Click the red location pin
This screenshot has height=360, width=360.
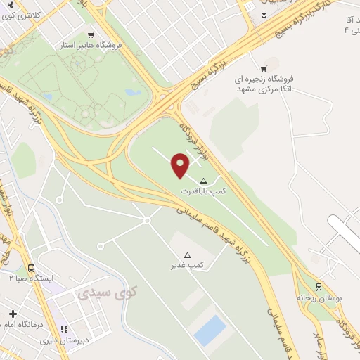point(181,165)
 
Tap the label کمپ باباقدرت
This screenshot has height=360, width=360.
point(204,191)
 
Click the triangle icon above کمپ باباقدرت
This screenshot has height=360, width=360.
point(204,180)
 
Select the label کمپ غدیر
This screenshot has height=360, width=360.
point(187,265)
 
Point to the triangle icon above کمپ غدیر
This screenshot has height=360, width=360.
point(187,255)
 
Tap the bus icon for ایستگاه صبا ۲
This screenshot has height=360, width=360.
point(31,268)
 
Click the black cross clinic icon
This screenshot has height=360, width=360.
point(13,313)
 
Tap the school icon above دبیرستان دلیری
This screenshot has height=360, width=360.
point(64,328)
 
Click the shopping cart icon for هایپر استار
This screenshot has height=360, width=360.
point(90,34)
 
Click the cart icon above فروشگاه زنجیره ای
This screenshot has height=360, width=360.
point(264,68)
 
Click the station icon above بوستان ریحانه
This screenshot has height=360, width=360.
point(319,287)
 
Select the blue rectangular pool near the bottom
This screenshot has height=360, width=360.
point(210,330)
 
